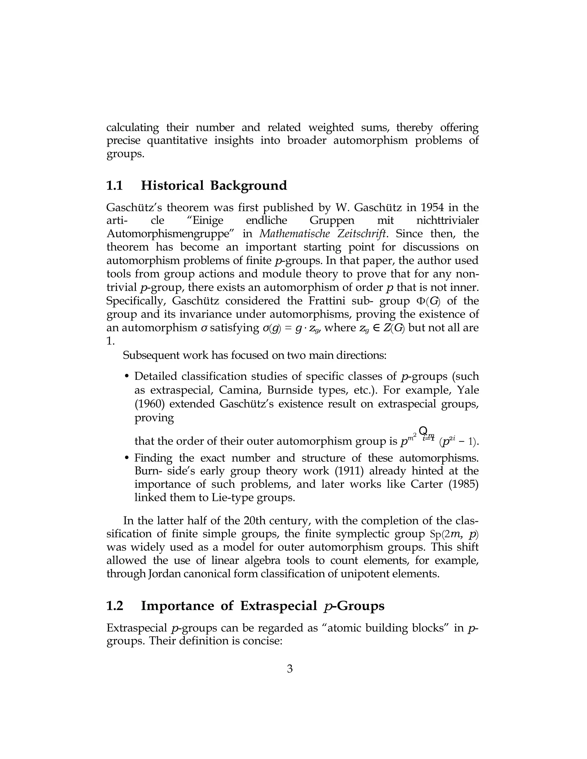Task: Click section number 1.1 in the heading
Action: click(114, 186)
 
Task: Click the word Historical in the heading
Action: click(172, 186)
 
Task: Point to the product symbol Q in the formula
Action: click(423, 430)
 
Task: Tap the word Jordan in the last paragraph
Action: click(165, 574)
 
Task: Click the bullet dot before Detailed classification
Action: click(127, 377)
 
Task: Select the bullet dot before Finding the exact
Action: click(127, 458)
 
